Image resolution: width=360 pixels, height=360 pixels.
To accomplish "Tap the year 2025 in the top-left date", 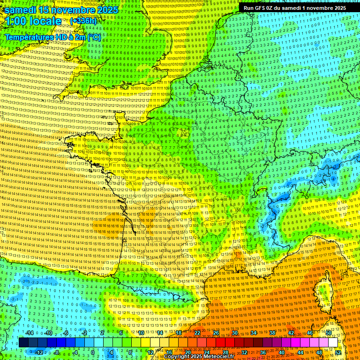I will coord(105,9).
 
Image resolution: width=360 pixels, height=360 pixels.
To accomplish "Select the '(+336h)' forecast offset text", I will coord(83,21).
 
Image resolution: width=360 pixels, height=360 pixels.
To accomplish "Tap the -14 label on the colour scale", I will coord(29,333).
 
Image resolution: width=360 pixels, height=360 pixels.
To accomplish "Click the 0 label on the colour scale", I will coord(92,352).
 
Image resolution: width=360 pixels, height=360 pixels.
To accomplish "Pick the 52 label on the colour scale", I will coord(337,352).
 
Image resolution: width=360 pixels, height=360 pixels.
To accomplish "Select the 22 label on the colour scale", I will coord(197,333).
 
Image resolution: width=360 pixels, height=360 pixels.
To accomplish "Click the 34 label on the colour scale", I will coord(253,333).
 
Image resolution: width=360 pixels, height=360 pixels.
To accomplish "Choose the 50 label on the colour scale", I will coord(329,333).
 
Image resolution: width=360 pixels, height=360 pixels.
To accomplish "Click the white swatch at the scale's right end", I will coord(333,343).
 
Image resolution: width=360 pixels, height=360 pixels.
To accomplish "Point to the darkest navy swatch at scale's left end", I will coord(23,343).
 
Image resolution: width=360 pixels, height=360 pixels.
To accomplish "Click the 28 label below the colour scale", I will coord(225,352).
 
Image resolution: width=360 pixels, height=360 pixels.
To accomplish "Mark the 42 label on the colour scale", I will coord(291,333).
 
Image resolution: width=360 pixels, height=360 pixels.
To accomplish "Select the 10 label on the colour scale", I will coord(141,333).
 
